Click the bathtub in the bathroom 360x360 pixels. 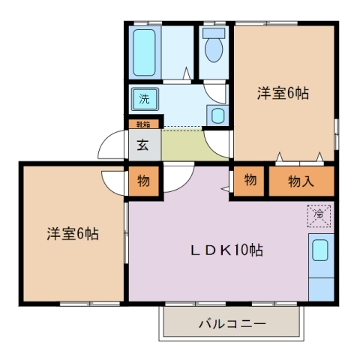coord(144,52)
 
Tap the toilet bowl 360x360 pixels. coord(214,51)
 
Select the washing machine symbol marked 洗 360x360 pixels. coord(142,97)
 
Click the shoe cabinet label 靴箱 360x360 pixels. coord(142,124)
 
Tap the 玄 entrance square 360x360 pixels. coord(142,145)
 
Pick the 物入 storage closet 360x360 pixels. coord(300,181)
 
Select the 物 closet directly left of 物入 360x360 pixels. coord(250,181)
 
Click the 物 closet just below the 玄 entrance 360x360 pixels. coord(142,181)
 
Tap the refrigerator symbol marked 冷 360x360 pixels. coord(319,215)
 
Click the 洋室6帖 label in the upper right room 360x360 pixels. coord(283,94)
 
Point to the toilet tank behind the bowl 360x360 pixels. coord(214,34)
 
